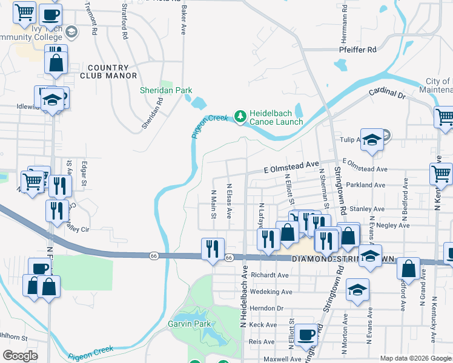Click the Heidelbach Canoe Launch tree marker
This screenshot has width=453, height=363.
240,116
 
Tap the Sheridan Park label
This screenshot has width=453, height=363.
166,90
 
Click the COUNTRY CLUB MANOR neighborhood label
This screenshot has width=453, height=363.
108,71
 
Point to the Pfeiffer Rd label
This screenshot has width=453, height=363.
358,50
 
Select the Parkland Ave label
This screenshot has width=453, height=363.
371,185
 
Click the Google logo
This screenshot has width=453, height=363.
20,356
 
